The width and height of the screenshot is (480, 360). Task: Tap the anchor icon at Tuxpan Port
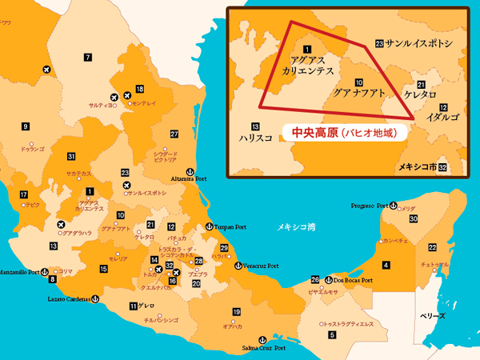click(x=209, y=226)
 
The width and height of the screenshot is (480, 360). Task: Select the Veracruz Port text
click(x=261, y=266)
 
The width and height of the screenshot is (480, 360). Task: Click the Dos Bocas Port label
click(x=354, y=281)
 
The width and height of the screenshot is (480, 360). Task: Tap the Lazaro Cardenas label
click(x=66, y=298)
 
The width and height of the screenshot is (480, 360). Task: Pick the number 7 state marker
click(x=86, y=57)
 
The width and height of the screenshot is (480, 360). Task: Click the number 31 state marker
click(x=71, y=156)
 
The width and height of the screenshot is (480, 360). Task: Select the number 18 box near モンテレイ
click(x=140, y=89)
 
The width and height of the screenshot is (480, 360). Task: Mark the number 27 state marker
click(x=174, y=133)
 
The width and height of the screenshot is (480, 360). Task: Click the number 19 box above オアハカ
click(x=236, y=311)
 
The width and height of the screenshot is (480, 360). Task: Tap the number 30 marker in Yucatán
click(x=414, y=218)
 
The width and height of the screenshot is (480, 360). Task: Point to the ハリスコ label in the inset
click(x=255, y=138)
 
